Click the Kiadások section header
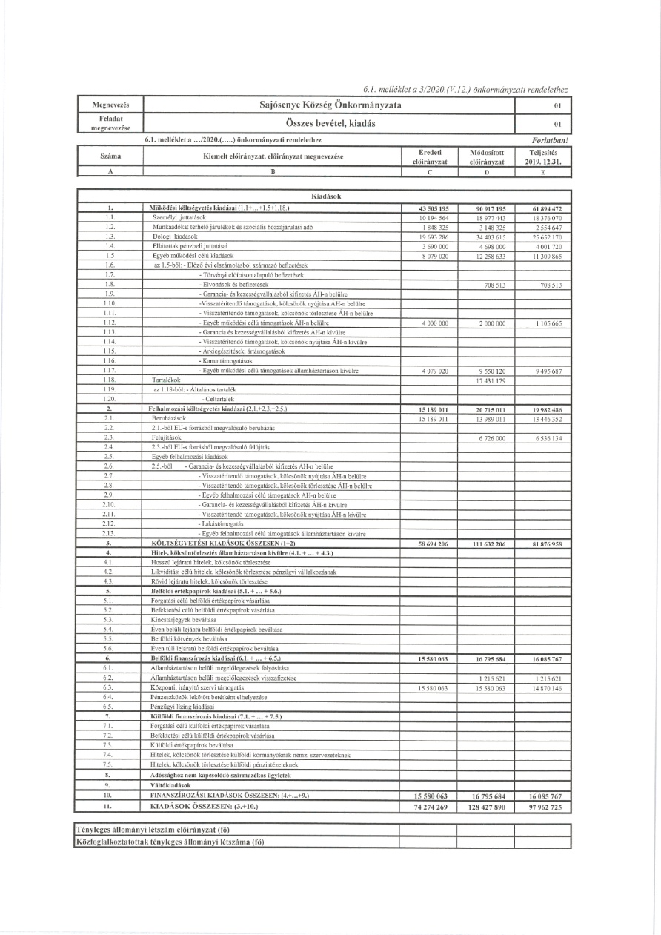325,195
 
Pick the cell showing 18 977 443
486,218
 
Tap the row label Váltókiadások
173,784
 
